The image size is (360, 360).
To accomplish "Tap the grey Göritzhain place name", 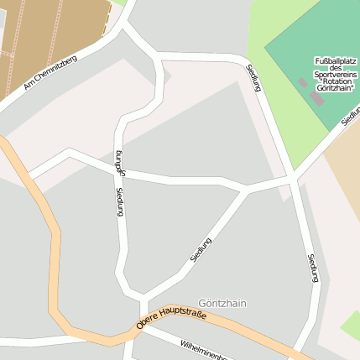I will (222, 303).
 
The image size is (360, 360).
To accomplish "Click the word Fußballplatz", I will (335, 61).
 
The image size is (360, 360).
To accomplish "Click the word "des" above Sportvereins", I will (335, 68).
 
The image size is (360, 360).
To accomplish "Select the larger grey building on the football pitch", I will (315, 97).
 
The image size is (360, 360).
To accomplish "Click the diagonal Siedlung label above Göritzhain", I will (201, 249).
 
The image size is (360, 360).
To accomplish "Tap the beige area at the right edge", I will (344, 185).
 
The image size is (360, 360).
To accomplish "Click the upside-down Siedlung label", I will (120, 162).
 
